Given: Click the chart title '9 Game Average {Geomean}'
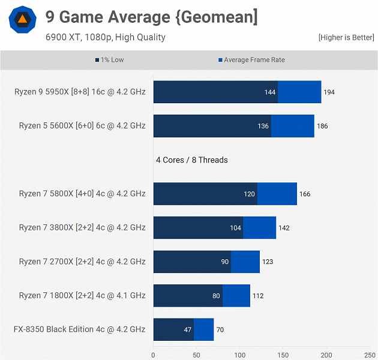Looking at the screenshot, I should [x=151, y=17].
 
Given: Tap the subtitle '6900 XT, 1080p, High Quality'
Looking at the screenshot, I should [x=105, y=37].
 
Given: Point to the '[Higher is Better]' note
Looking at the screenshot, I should [x=346, y=38].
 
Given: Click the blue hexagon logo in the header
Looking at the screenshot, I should [x=22, y=20].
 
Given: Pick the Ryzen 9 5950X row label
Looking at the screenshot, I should [x=80, y=92].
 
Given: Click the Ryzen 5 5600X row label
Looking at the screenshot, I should [x=82, y=126].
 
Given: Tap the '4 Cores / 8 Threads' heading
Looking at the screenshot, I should [x=192, y=160].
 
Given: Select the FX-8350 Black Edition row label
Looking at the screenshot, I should [x=79, y=329].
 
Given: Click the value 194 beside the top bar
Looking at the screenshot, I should [x=329, y=92].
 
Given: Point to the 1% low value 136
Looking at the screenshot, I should [x=263, y=126].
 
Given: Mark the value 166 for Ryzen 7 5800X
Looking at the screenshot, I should [x=305, y=194].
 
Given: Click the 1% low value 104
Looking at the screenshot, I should [x=235, y=228].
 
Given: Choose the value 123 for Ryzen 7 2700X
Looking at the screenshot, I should [x=268, y=262].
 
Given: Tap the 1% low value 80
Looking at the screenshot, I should [x=216, y=296].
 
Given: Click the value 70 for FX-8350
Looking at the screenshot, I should [x=220, y=329].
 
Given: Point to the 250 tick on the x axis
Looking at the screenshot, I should [x=370, y=355].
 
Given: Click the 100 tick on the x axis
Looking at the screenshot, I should [x=240, y=355].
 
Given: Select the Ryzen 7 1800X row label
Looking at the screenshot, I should [x=82, y=296].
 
